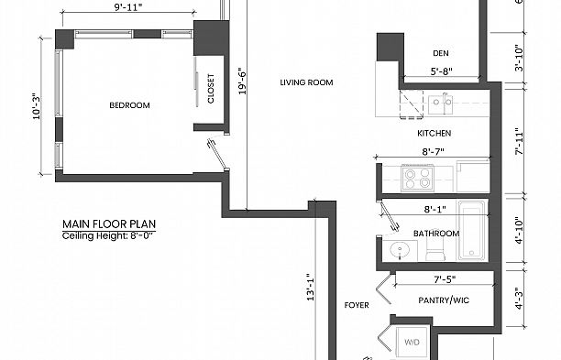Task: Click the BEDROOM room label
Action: coord(129,105)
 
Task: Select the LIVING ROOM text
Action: coord(306,82)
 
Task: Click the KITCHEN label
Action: coord(434,134)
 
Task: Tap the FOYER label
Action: coord(356,304)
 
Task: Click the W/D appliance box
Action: coord(413,344)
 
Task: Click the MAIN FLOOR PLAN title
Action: coord(105,224)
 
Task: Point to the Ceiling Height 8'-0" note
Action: coord(109,235)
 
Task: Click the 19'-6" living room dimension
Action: coord(242,81)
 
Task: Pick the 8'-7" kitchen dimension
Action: coord(434,152)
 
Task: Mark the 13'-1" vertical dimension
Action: coord(311,288)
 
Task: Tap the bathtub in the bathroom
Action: coord(473,229)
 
